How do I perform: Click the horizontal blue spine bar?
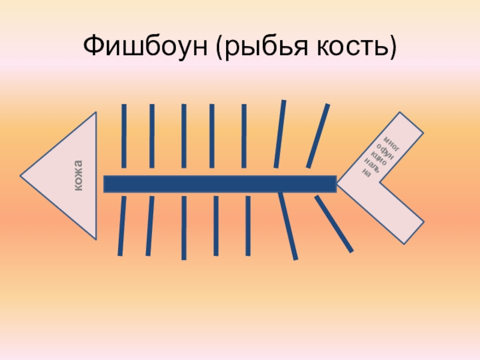coord(220,184)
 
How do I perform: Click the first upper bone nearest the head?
coord(124,136)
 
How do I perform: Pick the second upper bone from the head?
coord(152,136)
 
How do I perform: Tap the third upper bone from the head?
coord(184,136)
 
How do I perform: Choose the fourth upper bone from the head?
coord(212,136)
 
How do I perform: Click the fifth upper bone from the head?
coord(244,136)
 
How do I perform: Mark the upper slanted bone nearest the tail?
coord(318,136)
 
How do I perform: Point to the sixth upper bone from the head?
coord(280,133)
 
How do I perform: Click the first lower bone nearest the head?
coord(122,226)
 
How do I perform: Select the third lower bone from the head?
coord(184,227)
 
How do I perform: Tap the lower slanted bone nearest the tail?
coord(334,224)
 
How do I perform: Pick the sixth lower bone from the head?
coord(288,226)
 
